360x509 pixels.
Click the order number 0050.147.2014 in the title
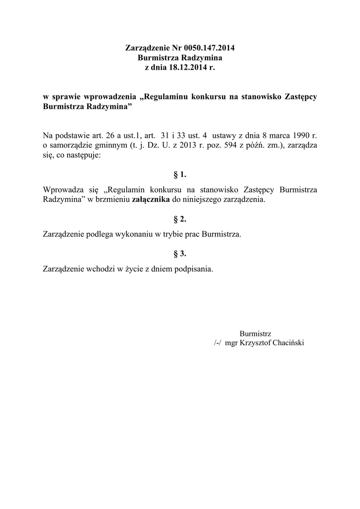[209, 49]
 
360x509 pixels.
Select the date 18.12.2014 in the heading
[188, 67]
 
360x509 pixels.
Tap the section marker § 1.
[180, 174]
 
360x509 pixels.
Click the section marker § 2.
[180, 219]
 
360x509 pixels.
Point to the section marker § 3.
[180, 254]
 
